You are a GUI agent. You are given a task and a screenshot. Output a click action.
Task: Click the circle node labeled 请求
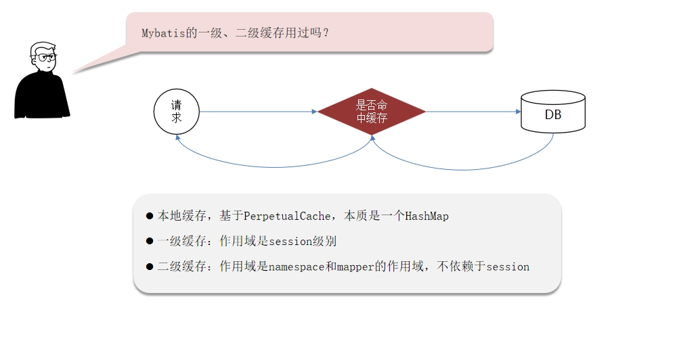[176, 112]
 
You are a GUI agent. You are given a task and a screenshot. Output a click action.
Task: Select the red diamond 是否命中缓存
[372, 112]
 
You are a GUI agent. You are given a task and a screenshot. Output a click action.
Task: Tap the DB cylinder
[553, 111]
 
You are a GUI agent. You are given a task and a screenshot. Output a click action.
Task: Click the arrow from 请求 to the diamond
[258, 112]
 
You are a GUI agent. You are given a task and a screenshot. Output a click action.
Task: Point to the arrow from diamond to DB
[473, 112]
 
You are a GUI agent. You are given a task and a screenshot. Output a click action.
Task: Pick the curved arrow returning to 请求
[273, 167]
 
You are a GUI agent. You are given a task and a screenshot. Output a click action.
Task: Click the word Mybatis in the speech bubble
[163, 33]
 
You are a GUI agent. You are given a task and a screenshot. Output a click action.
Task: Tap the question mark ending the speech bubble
[326, 33]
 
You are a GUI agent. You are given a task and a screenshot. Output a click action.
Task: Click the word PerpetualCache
[287, 216]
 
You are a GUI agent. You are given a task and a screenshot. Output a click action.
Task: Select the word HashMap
[426, 216]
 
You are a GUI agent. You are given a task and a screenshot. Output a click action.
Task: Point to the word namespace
[297, 267]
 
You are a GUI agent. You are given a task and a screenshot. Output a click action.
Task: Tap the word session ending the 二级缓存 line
[508, 267]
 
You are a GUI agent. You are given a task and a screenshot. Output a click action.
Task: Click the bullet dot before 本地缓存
[150, 216]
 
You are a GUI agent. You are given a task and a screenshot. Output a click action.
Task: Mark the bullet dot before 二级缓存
[150, 267]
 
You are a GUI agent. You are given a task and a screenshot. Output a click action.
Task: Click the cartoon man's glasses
[45, 57]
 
